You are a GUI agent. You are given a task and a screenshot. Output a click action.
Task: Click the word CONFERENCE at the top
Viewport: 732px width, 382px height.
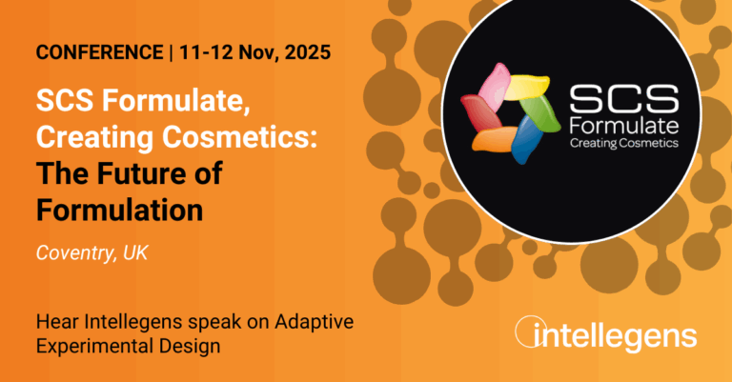pyautogui.click(x=99, y=52)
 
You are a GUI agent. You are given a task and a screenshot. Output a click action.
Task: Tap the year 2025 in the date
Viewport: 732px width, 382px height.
pyautogui.click(x=308, y=52)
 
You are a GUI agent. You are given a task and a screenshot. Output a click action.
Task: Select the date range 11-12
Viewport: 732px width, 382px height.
pyautogui.click(x=206, y=52)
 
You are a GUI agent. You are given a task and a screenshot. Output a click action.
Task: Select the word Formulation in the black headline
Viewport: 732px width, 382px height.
pyautogui.click(x=119, y=210)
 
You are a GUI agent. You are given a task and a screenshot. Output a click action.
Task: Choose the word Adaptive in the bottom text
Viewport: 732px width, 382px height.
pyautogui.click(x=314, y=322)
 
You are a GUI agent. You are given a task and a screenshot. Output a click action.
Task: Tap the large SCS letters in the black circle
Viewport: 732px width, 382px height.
pyautogui.click(x=624, y=99)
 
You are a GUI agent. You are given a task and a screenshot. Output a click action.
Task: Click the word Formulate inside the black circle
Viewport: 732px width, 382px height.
pyautogui.click(x=624, y=126)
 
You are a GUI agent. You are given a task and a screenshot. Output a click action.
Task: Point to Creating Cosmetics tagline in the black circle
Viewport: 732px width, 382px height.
pyautogui.click(x=624, y=143)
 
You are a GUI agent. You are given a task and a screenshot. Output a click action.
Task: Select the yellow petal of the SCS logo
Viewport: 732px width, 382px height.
pyautogui.click(x=526, y=88)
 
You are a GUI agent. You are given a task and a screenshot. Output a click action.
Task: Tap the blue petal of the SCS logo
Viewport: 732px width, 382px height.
pyautogui.click(x=526, y=138)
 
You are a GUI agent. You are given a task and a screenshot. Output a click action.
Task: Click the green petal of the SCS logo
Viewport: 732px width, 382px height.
pyautogui.click(x=541, y=113)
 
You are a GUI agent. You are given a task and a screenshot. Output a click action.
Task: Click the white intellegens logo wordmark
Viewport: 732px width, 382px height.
pyautogui.click(x=606, y=333)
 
